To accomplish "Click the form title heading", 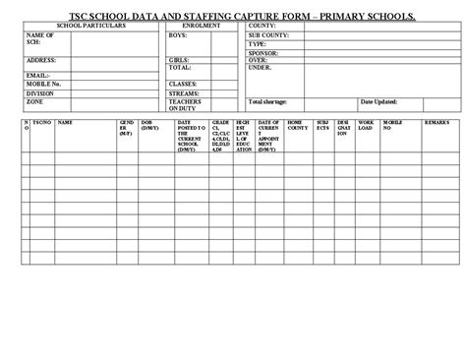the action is (233, 16).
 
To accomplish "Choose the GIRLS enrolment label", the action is (179, 60).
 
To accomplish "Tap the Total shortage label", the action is (269, 102).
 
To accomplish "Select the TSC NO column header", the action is (42, 122).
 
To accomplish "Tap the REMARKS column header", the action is (437, 122).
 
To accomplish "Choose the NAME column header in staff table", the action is (65, 122).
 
